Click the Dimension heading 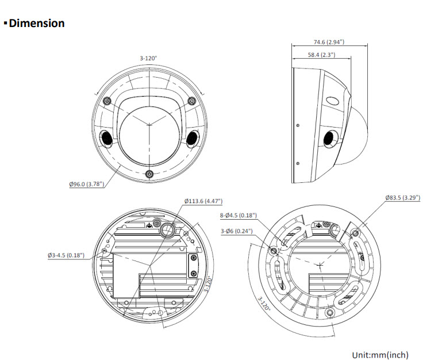click(36, 24)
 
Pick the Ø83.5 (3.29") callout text click(402, 198)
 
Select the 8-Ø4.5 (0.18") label click(238, 216)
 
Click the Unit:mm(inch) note click(380, 355)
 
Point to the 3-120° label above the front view click(148, 58)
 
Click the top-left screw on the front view click(106, 101)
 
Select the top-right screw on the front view click(191, 101)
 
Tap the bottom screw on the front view click(149, 174)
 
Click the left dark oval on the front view click(106, 138)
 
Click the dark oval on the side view click(329, 138)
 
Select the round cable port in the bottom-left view click(167, 231)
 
